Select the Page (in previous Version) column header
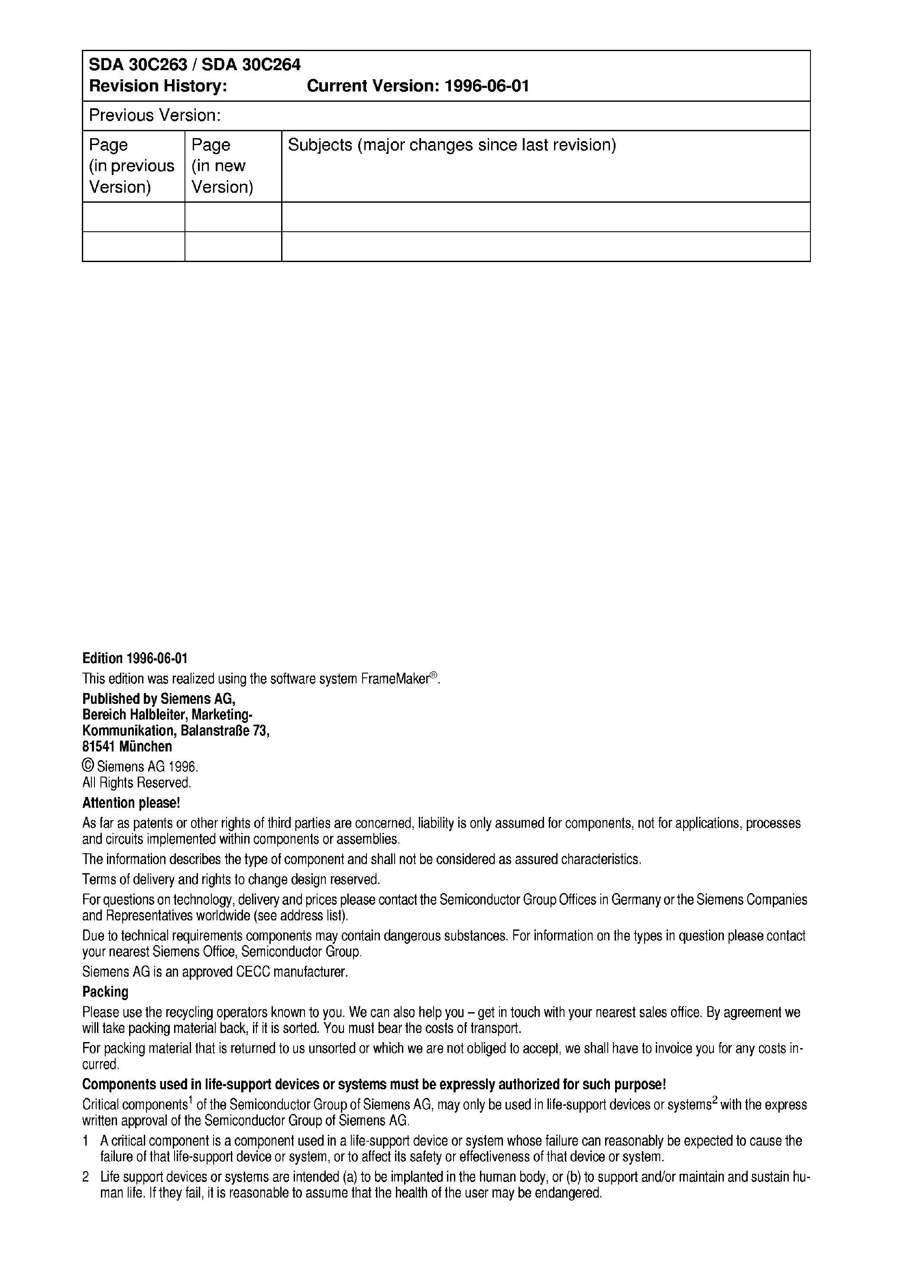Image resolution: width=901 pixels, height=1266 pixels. pos(132,166)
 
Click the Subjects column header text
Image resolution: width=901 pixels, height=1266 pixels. pos(452,146)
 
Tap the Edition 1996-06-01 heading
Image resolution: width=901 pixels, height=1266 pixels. pos(135,658)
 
